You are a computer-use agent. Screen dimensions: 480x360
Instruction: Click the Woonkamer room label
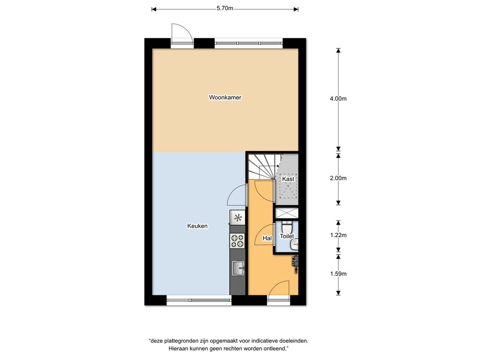point(225,97)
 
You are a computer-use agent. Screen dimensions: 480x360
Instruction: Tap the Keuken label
point(197,226)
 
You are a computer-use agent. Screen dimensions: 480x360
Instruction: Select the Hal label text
point(267,238)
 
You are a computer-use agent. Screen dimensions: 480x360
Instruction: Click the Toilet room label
point(287,236)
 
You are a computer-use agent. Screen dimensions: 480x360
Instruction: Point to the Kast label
point(288,179)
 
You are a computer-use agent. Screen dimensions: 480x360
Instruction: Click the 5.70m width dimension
point(225,8)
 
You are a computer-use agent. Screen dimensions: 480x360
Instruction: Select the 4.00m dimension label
point(338,98)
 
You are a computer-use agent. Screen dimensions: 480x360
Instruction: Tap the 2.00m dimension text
point(338,178)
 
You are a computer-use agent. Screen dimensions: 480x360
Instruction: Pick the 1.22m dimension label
point(338,235)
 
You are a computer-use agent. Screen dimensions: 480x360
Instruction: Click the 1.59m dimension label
point(338,274)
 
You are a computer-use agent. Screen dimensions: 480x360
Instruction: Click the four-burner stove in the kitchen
point(238,240)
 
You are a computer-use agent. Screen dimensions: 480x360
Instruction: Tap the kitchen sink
point(238,268)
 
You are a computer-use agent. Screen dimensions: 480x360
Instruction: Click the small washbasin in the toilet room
point(294,244)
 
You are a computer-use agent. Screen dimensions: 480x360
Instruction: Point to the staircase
point(261,167)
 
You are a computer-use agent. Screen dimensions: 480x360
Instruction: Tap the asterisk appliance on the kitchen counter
point(238,218)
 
